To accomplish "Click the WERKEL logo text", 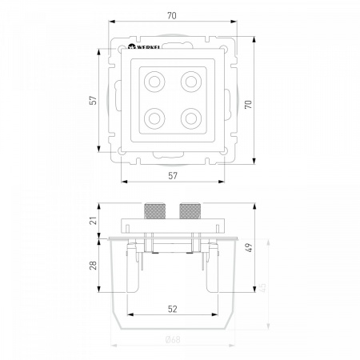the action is click(x=148, y=47).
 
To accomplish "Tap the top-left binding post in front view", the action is click(x=154, y=82).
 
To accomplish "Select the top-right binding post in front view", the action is click(x=191, y=82).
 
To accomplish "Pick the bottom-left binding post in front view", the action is click(x=154, y=118).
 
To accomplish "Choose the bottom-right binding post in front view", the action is click(x=191, y=118).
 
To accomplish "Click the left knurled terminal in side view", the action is click(x=154, y=211).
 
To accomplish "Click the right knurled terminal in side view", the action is click(x=190, y=211).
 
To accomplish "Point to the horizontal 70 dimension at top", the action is click(x=172, y=16).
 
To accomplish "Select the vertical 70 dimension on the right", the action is click(x=248, y=104).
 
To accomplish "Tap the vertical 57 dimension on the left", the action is click(x=93, y=100).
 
